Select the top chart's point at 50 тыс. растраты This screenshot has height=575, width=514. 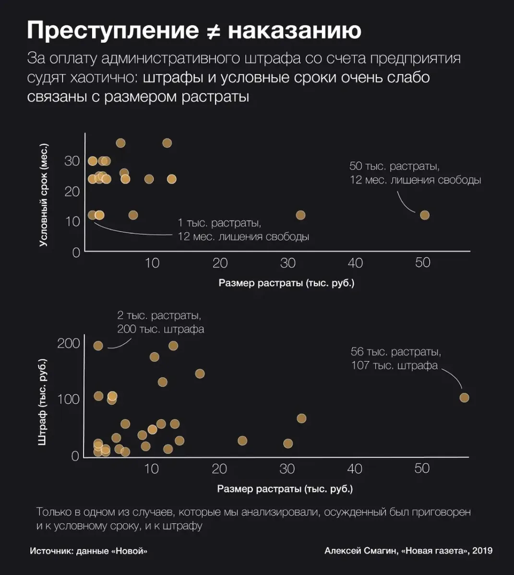tap(424, 215)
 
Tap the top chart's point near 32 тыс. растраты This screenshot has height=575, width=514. tap(300, 215)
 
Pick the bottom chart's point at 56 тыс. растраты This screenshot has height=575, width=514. tap(464, 397)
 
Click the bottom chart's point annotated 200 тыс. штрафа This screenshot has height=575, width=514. tap(98, 345)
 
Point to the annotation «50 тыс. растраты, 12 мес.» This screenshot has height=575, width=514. tap(415, 173)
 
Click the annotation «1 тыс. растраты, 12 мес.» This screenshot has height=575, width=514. tap(243, 230)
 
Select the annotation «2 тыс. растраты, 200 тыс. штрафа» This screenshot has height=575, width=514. tap(160, 322)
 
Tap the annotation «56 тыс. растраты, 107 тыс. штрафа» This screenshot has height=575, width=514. tap(395, 358)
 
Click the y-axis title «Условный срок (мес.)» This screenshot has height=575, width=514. tap(44, 195)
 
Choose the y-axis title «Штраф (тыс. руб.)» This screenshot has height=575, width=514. tap(42, 401)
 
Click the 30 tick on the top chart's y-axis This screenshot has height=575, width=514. tap(72, 161)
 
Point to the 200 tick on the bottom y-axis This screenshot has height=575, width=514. tap(68, 344)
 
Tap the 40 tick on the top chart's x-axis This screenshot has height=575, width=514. tap(355, 263)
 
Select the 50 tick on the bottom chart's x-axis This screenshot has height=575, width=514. tap(422, 468)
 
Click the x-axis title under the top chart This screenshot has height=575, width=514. tap(287, 283)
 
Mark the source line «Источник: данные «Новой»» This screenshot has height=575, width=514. tap(88, 551)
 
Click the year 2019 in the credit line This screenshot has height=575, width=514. tap(482, 551)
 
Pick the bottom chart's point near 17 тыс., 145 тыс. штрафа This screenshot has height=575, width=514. tap(200, 373)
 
